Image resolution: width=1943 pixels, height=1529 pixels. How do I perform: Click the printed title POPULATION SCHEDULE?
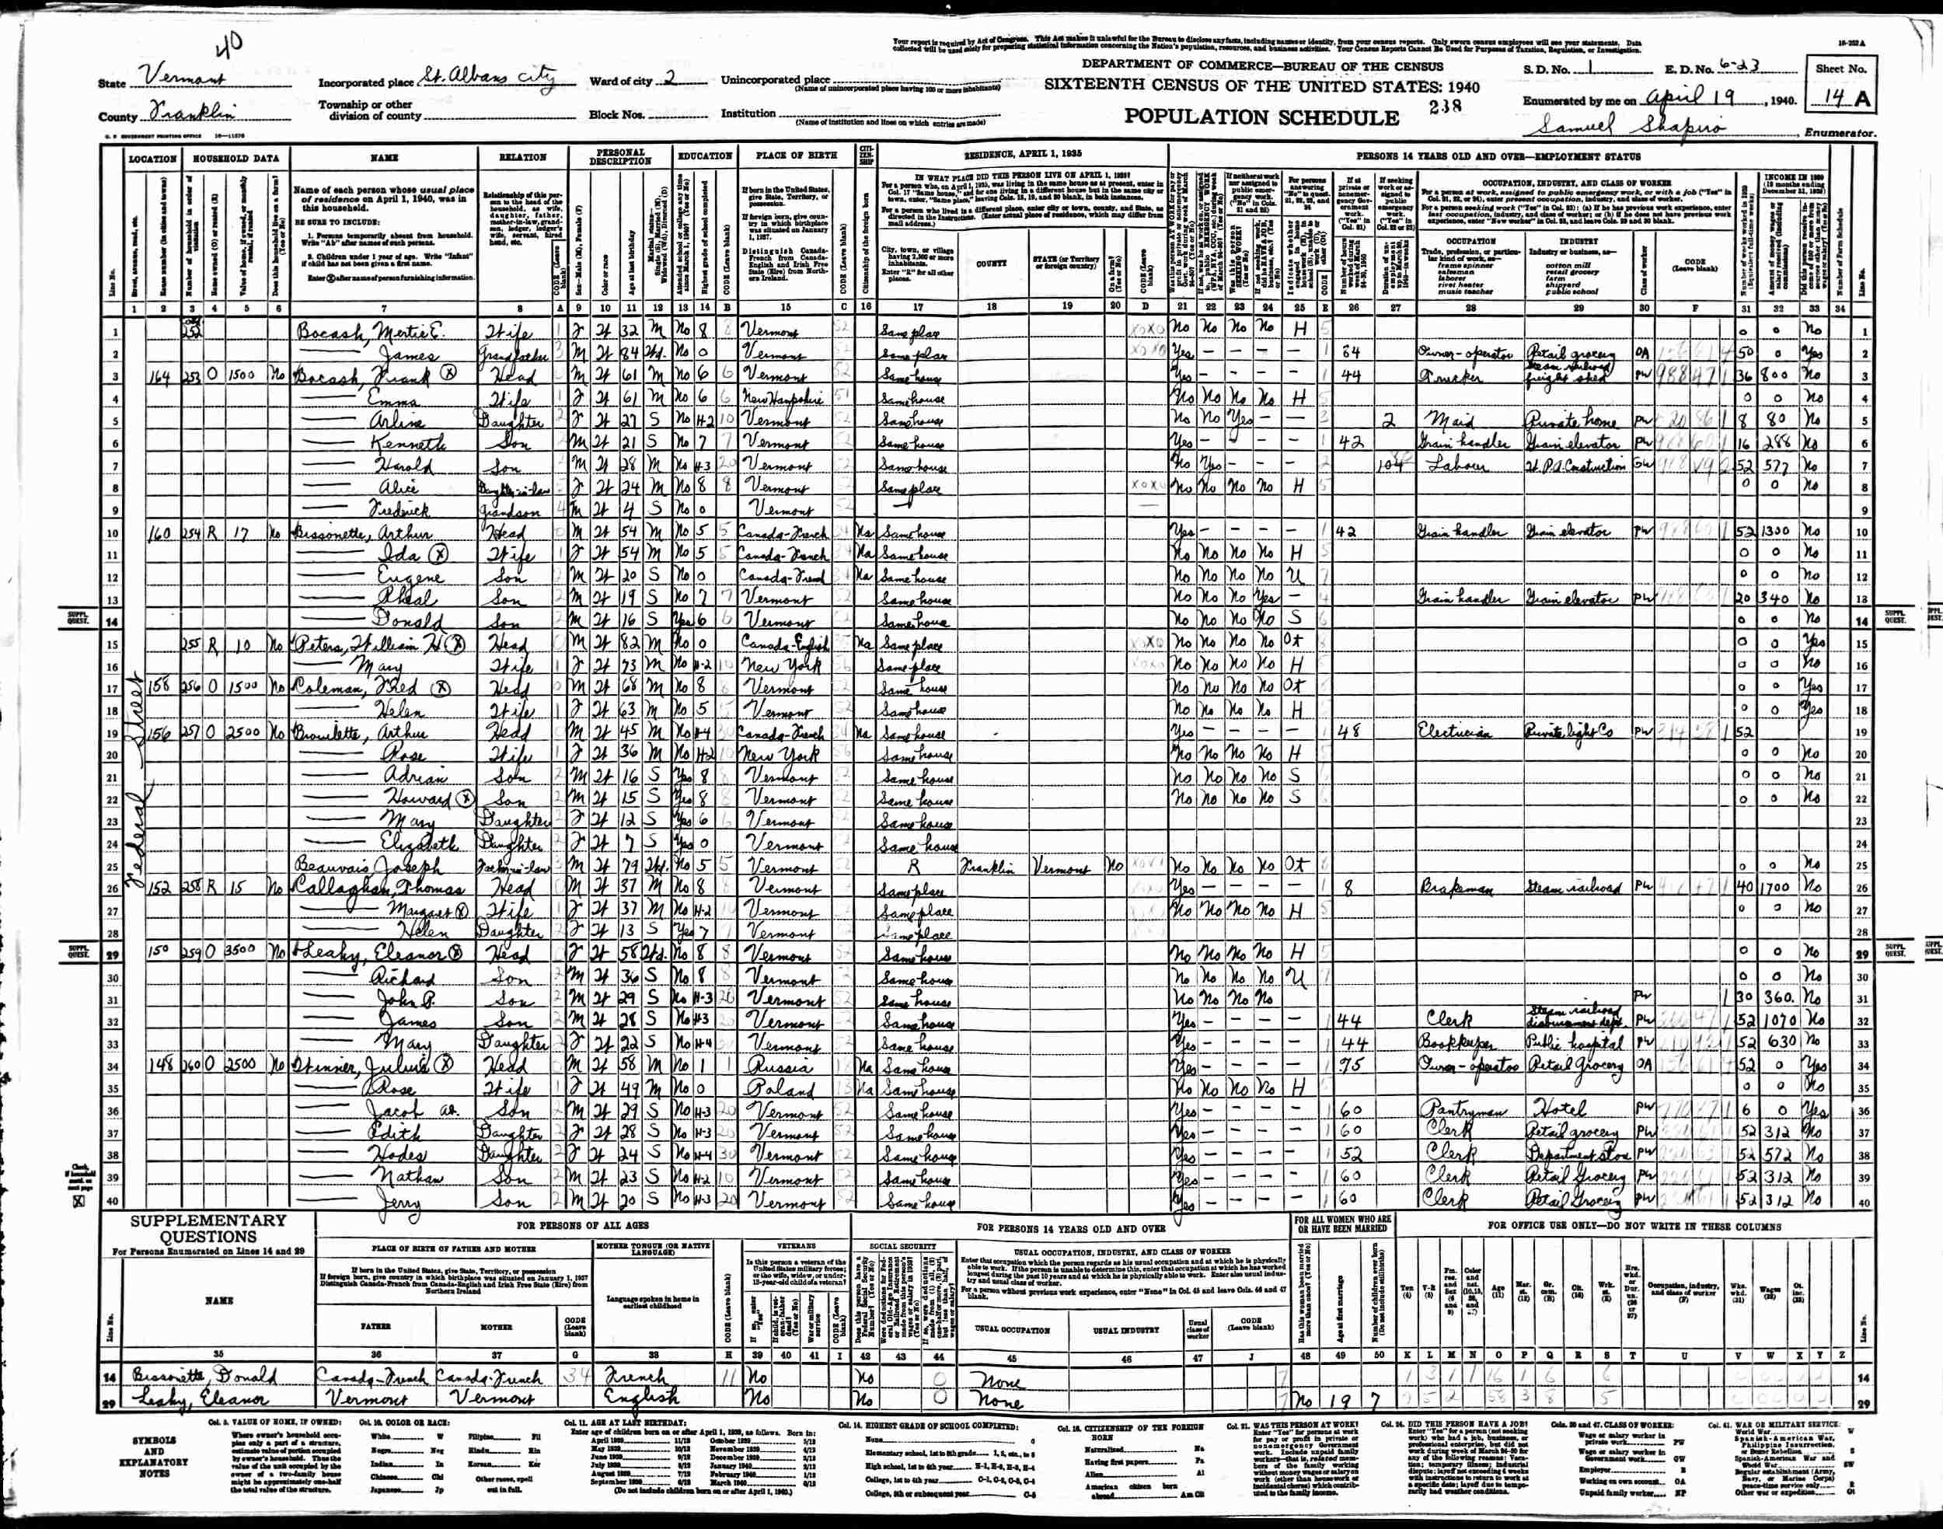point(1261,117)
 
